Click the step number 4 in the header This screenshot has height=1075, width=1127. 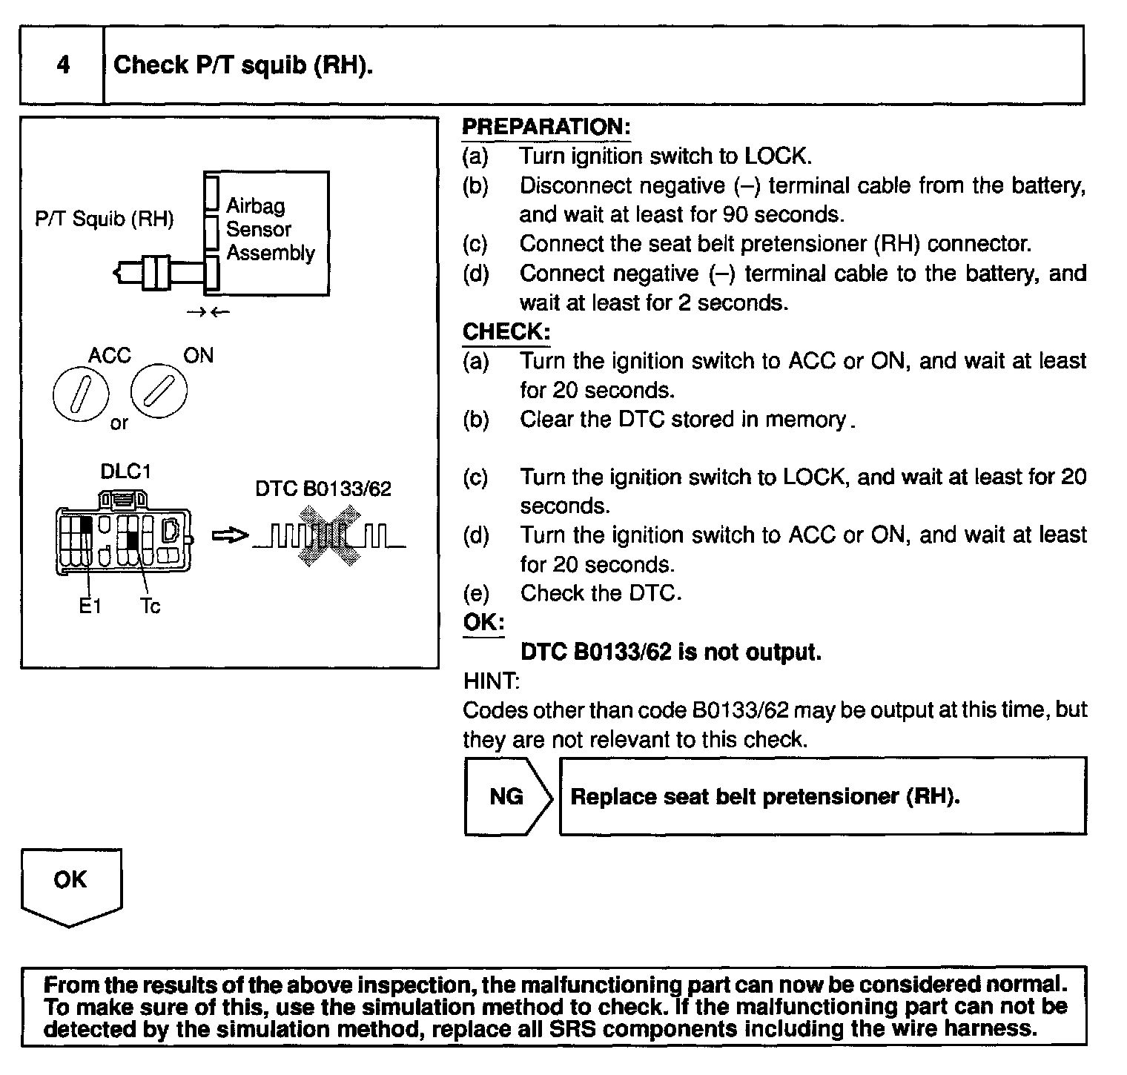(x=63, y=65)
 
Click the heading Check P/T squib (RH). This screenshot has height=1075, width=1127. (x=242, y=65)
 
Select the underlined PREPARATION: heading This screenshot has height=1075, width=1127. (x=546, y=127)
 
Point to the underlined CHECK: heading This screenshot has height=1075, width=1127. (x=506, y=331)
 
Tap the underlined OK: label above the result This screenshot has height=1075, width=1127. (x=483, y=622)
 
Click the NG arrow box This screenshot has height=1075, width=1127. (x=508, y=796)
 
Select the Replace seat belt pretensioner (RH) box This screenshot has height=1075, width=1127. (x=822, y=796)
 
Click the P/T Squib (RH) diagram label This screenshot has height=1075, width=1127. (x=105, y=219)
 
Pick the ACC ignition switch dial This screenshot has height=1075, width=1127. (x=81, y=392)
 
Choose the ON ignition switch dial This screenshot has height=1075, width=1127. (x=159, y=391)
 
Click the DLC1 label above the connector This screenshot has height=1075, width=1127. (x=125, y=472)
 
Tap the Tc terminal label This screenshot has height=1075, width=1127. (x=150, y=606)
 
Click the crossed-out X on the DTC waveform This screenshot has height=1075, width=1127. (x=329, y=536)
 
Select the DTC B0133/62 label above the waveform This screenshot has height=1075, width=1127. (x=323, y=489)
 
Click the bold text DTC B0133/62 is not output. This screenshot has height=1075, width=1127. (x=670, y=652)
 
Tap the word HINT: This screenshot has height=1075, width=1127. (x=491, y=681)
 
